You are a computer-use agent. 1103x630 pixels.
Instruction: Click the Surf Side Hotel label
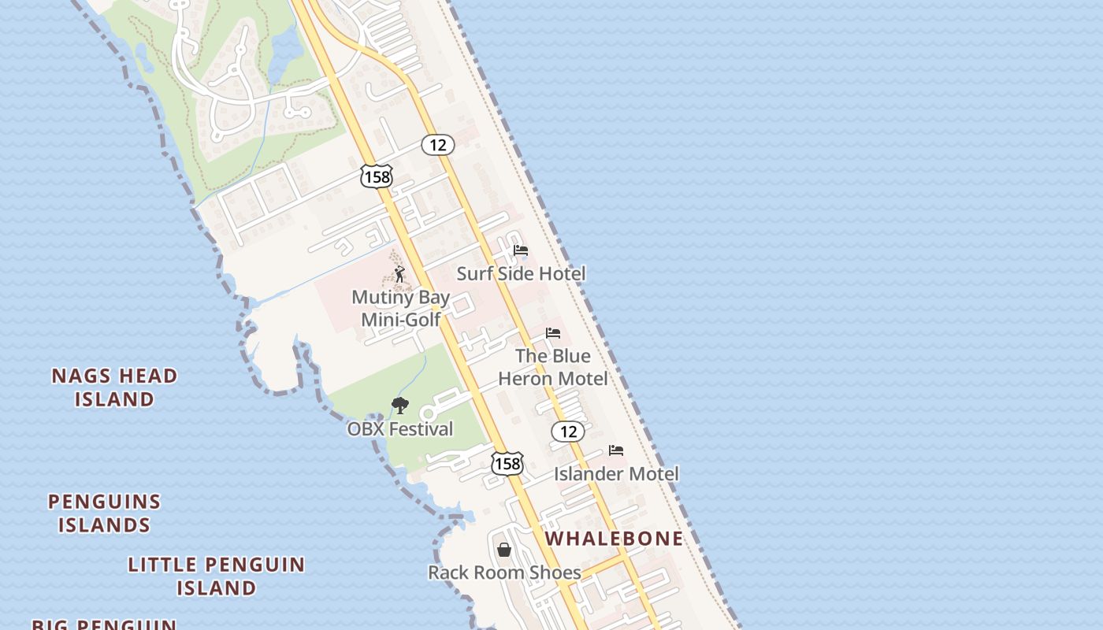(521, 274)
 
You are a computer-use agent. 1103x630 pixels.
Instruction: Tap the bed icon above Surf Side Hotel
(521, 250)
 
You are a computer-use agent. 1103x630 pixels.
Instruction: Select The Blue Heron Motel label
(553, 367)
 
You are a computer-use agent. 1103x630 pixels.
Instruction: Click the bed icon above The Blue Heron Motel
(553, 333)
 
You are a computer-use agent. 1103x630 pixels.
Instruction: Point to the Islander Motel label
(616, 474)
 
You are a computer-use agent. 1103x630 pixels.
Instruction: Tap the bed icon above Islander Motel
(616, 450)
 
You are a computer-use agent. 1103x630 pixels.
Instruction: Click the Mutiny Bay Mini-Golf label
(400, 308)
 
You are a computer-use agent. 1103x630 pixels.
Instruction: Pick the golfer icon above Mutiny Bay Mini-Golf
(399, 275)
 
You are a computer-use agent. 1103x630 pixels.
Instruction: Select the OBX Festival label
(400, 429)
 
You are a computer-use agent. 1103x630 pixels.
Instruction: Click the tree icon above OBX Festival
(400, 406)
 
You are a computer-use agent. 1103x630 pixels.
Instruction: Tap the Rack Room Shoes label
(504, 573)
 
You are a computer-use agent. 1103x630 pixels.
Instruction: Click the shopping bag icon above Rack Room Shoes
(504, 549)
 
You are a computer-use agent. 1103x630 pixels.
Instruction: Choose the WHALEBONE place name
(615, 539)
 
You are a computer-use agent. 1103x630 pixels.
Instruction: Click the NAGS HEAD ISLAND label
(114, 387)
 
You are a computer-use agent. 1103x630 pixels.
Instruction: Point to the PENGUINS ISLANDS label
(104, 513)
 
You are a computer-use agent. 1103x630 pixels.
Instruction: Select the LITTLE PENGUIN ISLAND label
(216, 576)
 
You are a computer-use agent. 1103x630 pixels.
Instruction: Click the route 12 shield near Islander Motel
(567, 431)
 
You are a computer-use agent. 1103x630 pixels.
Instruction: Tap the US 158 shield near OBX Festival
(507, 464)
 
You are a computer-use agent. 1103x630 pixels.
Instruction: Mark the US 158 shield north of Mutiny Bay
(377, 176)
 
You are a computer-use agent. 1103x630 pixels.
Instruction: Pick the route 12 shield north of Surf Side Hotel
(438, 145)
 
